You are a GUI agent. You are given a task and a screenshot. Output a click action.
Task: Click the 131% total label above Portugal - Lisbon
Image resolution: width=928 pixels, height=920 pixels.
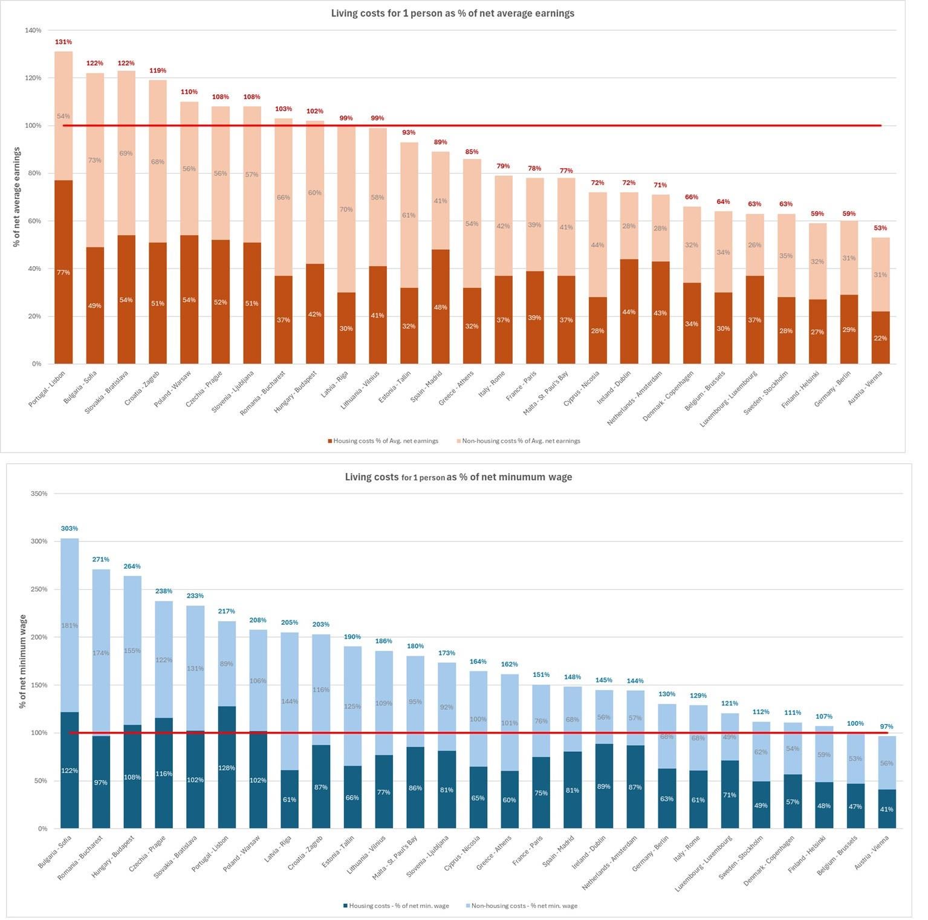pos(63,42)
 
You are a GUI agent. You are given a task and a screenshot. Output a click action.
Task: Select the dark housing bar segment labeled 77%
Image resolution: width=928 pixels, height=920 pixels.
pos(63,272)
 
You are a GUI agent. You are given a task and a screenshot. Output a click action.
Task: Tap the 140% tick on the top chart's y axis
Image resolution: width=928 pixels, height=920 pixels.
pos(33,30)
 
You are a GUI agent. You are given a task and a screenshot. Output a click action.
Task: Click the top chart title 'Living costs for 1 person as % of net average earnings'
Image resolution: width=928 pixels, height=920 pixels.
pos(453,13)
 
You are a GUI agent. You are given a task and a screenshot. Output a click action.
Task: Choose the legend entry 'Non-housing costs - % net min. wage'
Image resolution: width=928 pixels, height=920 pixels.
pos(522,905)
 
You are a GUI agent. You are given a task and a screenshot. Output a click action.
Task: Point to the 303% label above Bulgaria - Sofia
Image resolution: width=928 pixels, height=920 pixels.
pos(70,528)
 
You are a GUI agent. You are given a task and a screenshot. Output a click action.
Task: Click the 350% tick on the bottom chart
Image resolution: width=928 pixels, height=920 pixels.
pos(39,494)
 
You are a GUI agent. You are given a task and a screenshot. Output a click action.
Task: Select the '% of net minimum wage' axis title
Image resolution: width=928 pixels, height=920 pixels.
pos(23,661)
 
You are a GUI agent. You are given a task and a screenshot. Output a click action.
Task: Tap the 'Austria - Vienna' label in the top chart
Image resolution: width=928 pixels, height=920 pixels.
pos(865,388)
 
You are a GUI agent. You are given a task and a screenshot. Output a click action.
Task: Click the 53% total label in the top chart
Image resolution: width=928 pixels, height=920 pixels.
pos(880,228)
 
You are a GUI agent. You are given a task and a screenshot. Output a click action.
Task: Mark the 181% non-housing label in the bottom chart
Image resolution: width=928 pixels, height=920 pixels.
pos(70,625)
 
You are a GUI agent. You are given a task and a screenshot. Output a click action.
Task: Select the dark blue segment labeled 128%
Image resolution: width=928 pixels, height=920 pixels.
pos(227,767)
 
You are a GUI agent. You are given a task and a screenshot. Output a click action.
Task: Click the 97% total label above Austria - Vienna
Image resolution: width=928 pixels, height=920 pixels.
pos(886,726)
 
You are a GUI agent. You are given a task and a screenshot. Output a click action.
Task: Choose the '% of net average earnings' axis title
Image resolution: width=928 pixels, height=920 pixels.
pos(17,197)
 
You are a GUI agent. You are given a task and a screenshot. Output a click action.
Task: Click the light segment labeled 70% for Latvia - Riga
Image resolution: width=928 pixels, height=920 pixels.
pos(346,209)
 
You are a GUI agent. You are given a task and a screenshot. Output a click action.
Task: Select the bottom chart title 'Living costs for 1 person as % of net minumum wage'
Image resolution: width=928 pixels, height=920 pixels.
pos(458,477)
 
